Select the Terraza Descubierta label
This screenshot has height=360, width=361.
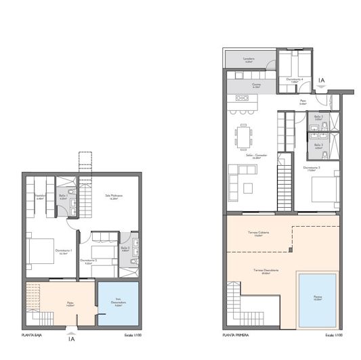coord(258,271)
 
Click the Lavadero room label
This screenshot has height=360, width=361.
coord(249,60)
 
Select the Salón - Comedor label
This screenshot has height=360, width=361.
coord(257,156)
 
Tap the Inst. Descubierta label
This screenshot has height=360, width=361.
coord(118,303)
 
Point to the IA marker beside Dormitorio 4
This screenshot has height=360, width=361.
coord(322,81)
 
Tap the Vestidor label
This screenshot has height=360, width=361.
coord(39,198)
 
